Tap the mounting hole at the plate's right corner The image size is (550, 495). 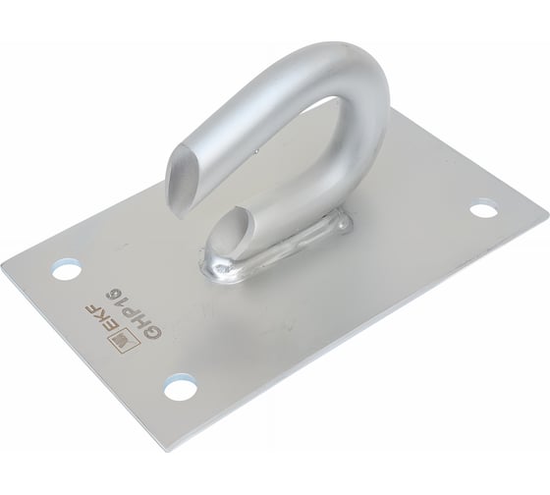tap(483, 210)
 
